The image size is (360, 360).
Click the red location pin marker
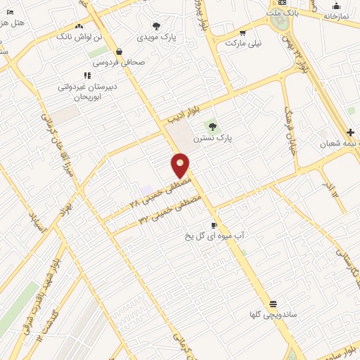180,165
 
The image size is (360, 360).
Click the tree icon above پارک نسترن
212,127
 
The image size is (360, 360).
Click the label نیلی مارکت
243,44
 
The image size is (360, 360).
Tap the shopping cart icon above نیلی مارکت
243,32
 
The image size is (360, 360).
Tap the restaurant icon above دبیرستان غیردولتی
86,75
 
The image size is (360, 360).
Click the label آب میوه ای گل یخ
214,237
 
